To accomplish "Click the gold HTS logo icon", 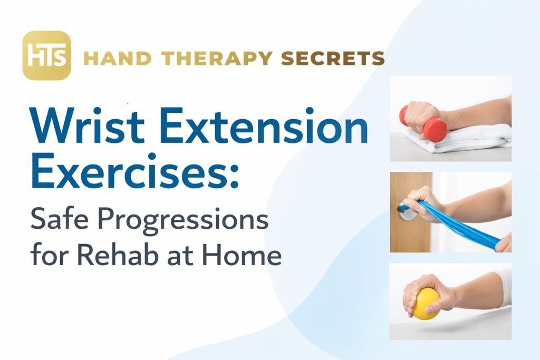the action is [x=46, y=55].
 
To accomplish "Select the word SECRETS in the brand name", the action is [x=333, y=58].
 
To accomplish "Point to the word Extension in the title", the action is [x=264, y=125].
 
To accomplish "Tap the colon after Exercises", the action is [x=234, y=176].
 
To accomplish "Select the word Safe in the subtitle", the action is [x=60, y=219].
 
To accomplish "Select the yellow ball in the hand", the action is [x=426, y=304].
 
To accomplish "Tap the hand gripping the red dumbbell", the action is [x=421, y=118].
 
